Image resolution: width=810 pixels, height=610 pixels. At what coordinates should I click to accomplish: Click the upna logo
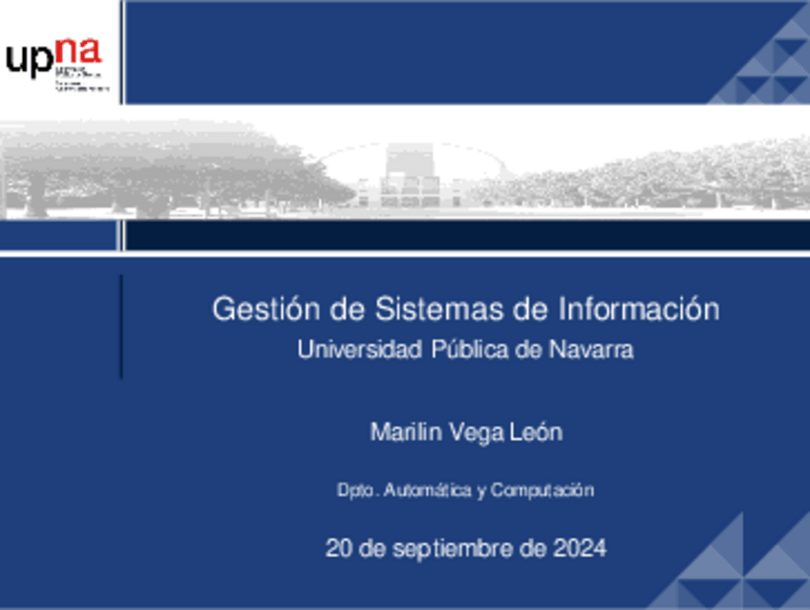click(x=55, y=62)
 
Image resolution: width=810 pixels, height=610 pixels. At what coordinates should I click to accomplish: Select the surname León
click(x=538, y=432)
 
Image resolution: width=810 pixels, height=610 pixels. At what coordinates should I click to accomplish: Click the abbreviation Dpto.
click(x=359, y=490)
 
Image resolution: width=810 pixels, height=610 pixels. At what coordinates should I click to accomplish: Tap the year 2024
click(x=579, y=549)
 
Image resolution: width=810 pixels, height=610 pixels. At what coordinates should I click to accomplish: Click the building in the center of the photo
click(x=411, y=177)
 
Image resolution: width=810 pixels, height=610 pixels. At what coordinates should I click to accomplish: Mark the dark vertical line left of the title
click(x=121, y=325)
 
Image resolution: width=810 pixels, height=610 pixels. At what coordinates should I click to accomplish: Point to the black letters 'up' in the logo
click(x=29, y=60)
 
